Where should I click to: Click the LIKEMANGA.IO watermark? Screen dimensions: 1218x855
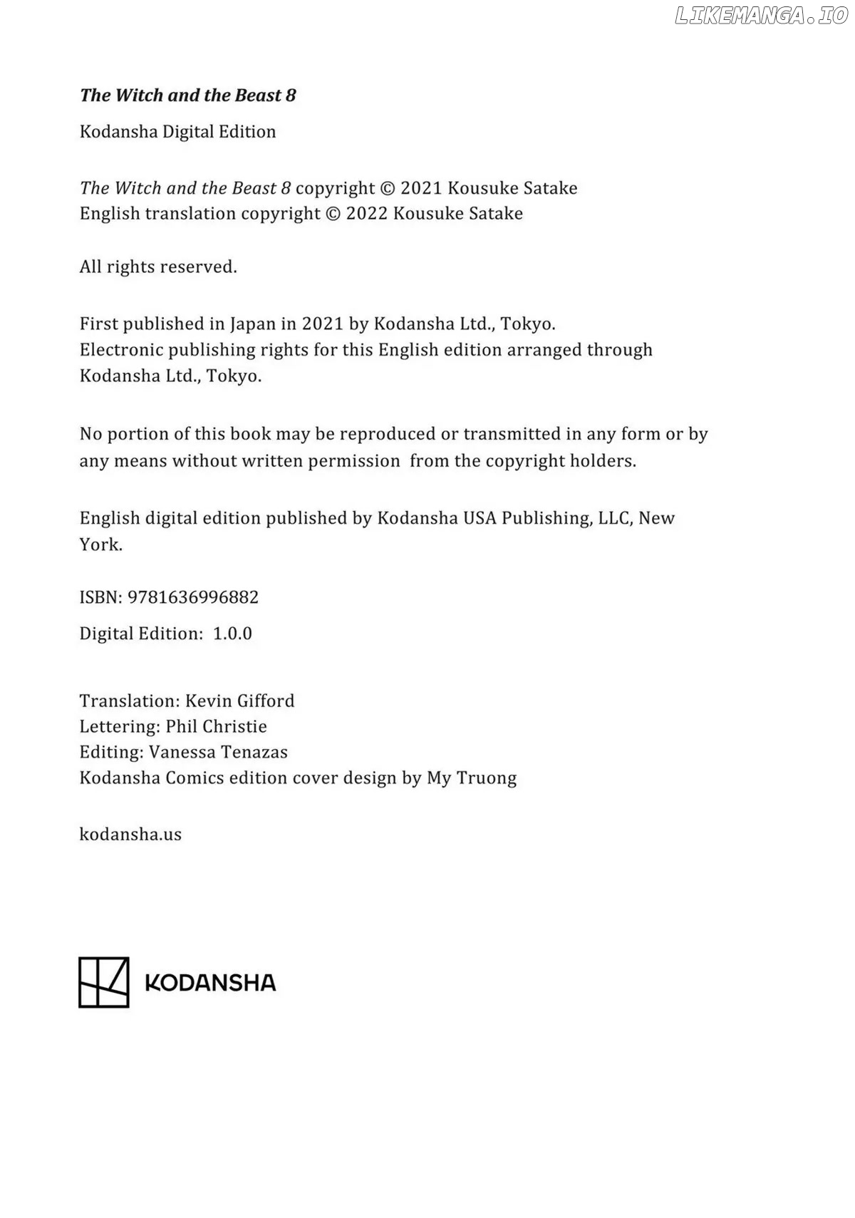point(761,16)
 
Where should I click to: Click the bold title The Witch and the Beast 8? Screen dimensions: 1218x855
point(187,96)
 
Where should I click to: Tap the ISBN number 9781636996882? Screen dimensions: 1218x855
point(193,597)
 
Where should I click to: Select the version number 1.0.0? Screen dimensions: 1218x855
point(232,634)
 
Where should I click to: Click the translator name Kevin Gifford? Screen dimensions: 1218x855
point(239,701)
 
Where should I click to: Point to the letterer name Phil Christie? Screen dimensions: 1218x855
point(216,726)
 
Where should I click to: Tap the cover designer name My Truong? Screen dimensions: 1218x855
point(472,778)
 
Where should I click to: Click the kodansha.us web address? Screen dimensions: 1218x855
point(130,834)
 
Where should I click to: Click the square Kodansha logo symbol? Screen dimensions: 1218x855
point(104,982)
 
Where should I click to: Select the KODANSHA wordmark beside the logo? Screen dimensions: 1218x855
point(210,983)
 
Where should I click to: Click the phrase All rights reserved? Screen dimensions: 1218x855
point(158,267)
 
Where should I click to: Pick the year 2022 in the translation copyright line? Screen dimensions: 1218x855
point(366,213)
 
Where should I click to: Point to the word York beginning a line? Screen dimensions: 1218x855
point(100,545)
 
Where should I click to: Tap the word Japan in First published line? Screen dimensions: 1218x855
point(252,324)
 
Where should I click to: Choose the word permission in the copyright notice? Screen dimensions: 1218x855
point(353,461)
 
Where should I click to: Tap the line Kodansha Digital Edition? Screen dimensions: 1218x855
point(177,132)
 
